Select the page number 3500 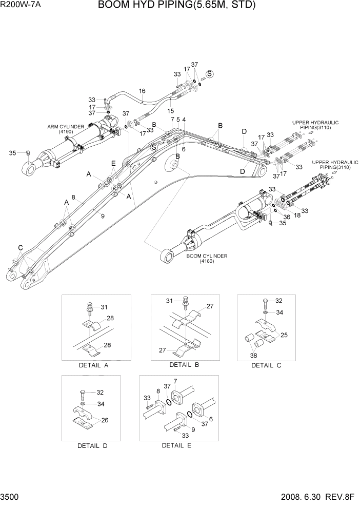(11, 498)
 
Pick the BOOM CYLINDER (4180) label (207, 258)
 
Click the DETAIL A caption (93, 365)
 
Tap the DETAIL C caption (266, 366)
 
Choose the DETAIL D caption (92, 446)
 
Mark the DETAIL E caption (176, 445)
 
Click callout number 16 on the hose (142, 91)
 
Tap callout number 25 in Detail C (284, 335)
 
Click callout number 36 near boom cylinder (287, 217)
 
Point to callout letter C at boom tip (20, 248)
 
